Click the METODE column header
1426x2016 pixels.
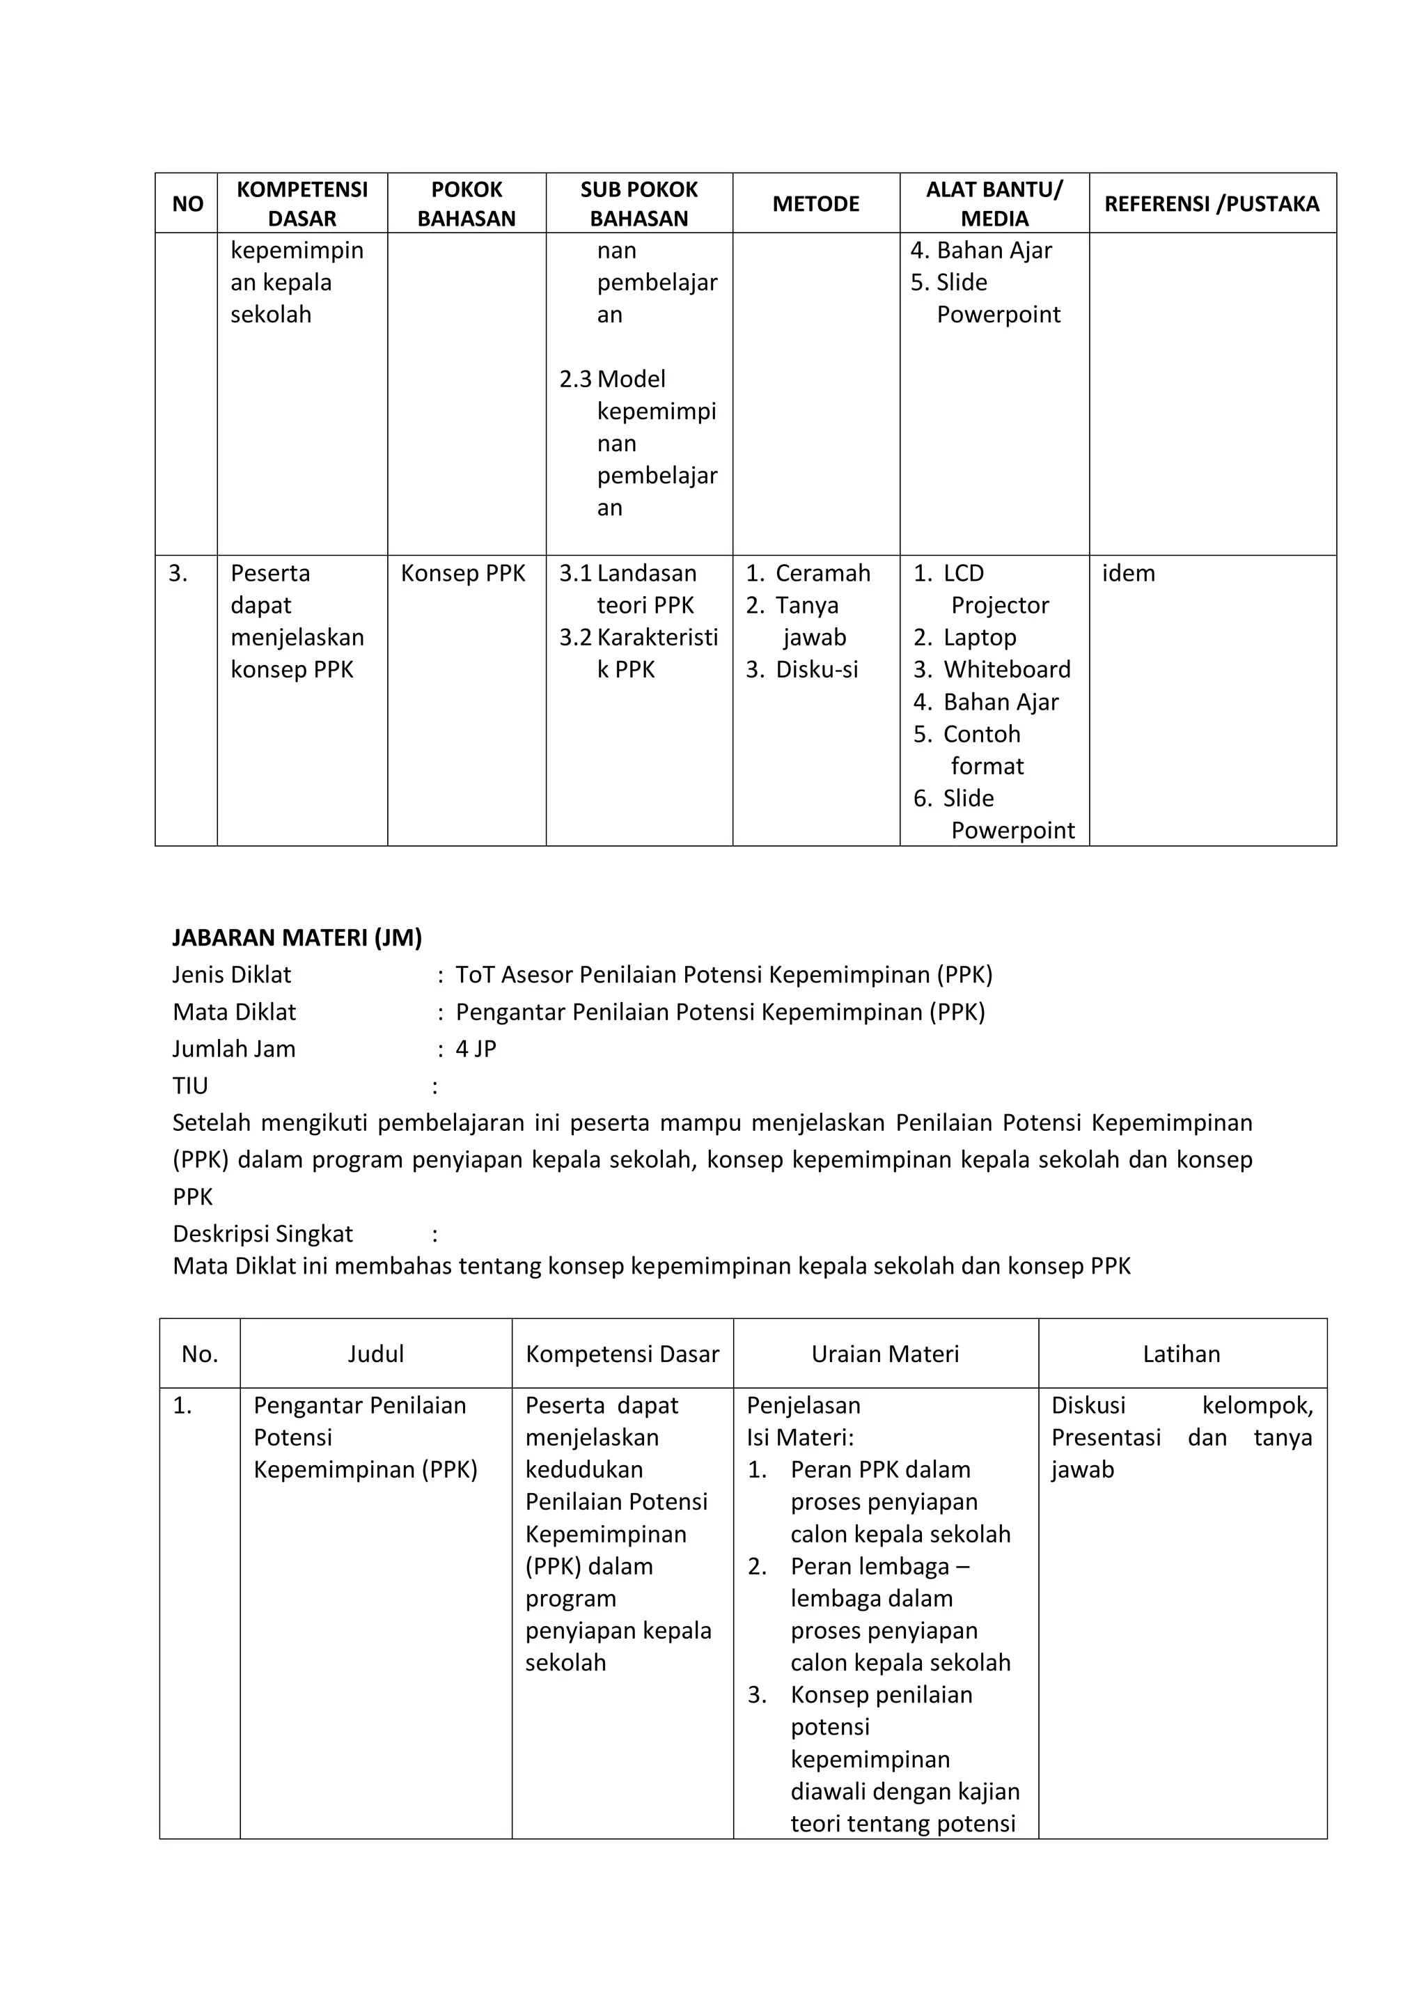(x=816, y=204)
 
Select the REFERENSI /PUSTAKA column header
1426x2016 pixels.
(x=1211, y=204)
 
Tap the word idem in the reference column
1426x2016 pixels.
(x=1128, y=573)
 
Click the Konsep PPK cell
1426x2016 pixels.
(x=463, y=573)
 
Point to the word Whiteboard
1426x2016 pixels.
(x=1006, y=670)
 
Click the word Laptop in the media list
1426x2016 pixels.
(x=979, y=637)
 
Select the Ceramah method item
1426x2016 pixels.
(x=822, y=573)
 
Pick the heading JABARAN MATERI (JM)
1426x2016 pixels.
(x=297, y=938)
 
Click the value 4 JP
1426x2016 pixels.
(x=476, y=1049)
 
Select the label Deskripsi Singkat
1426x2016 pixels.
(x=263, y=1234)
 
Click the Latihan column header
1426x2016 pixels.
(x=1181, y=1354)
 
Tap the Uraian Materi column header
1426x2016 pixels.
(x=885, y=1354)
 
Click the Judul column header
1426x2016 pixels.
(x=376, y=1354)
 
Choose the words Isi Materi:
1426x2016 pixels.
(x=800, y=1437)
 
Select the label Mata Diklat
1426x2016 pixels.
(x=235, y=1012)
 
